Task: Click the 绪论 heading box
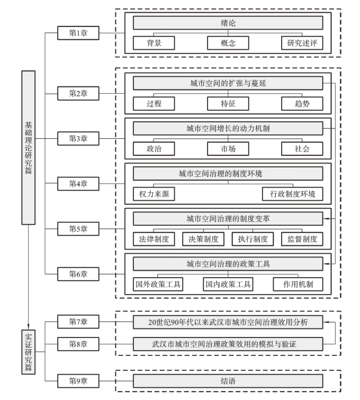(x=228, y=23)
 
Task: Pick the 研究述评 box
(x=302, y=43)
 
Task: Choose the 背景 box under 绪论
(x=154, y=43)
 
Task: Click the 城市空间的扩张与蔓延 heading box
(x=228, y=84)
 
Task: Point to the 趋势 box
(x=302, y=103)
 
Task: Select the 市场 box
(x=228, y=148)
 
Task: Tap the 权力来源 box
(x=154, y=193)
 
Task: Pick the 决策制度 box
(x=203, y=239)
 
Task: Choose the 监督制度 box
(x=302, y=239)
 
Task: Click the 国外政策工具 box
(x=158, y=284)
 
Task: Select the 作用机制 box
(x=298, y=284)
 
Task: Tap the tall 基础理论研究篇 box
(x=29, y=147)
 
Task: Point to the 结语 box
(x=228, y=380)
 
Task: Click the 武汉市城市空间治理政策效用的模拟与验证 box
(x=228, y=344)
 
